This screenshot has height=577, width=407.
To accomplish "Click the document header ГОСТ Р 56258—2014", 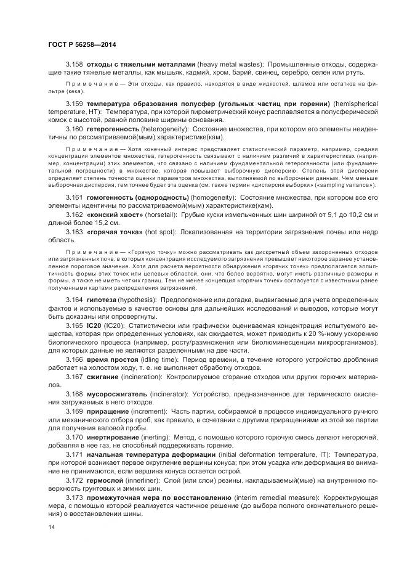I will [x=81, y=44].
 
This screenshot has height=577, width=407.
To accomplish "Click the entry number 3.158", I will [x=75, y=64].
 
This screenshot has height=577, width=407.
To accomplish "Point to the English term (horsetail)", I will [x=158, y=214].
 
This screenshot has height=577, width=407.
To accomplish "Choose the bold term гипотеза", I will [x=101, y=299].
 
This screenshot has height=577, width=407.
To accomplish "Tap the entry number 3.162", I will [x=75, y=214].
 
